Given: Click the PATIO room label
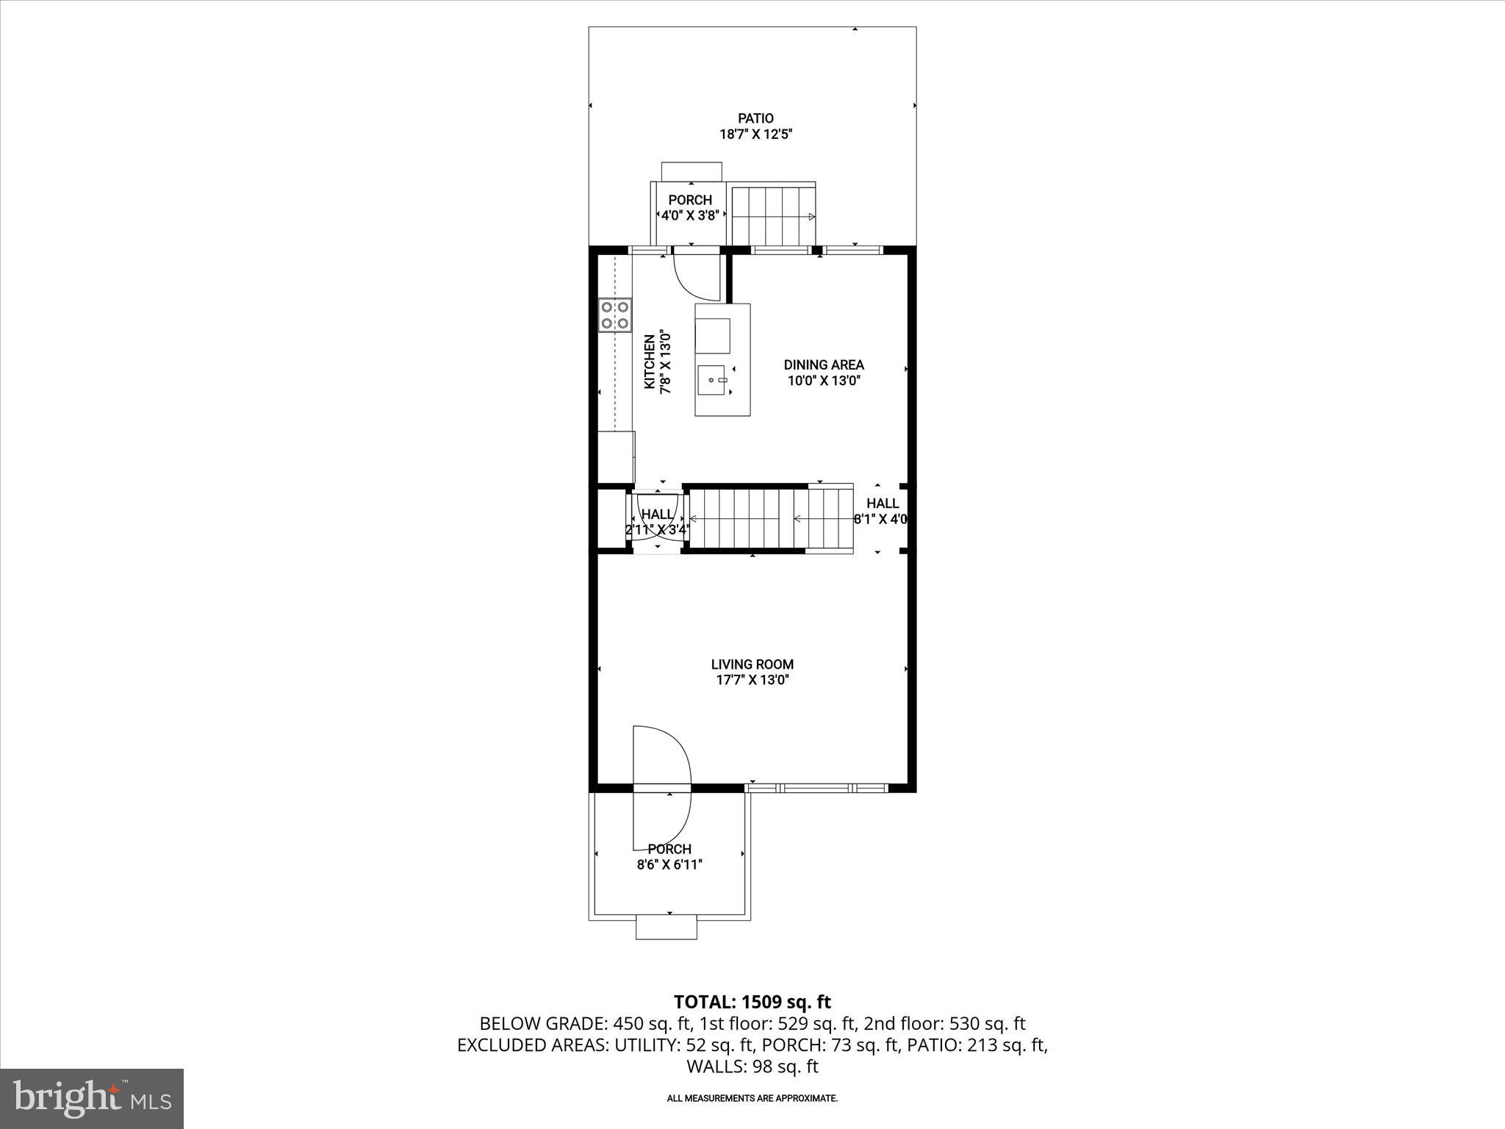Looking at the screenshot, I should pyautogui.click(x=755, y=118).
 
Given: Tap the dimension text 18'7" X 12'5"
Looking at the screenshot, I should pyautogui.click(x=755, y=135).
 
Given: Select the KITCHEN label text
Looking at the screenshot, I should pyautogui.click(x=650, y=362).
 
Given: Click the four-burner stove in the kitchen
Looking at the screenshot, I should pyautogui.click(x=615, y=315).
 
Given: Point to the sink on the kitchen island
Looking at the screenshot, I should pyautogui.click(x=713, y=380).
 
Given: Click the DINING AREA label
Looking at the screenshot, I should pyautogui.click(x=824, y=365).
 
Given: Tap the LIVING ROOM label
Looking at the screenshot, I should pyautogui.click(x=752, y=664).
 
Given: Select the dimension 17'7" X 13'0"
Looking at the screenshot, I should pyautogui.click(x=752, y=681).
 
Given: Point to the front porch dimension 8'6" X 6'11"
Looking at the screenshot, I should pyautogui.click(x=669, y=865).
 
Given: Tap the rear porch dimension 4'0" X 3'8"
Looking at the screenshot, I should pyautogui.click(x=690, y=215).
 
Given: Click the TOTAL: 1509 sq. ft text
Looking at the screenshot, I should pyautogui.click(x=752, y=1002).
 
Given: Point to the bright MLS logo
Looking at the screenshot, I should pyautogui.click(x=92, y=1098).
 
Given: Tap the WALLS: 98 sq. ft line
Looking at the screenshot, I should pyautogui.click(x=752, y=1067).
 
